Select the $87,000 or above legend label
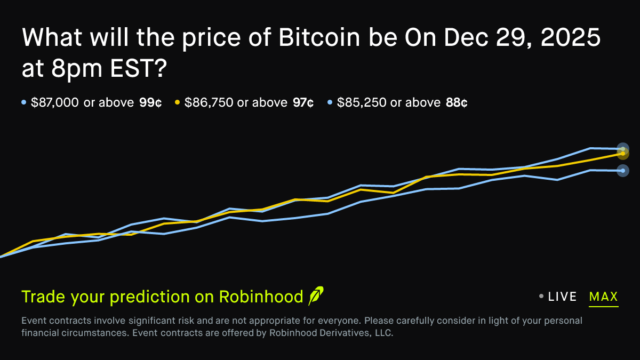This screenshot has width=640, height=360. point(82,102)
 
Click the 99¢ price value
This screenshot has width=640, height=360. point(150,102)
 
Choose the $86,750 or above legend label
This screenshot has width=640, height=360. point(236,102)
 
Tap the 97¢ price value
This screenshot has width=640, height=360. point(303,102)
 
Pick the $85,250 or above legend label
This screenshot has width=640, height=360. point(389,102)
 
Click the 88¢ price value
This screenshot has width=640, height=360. point(457,102)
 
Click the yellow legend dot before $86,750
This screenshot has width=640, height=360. point(177,102)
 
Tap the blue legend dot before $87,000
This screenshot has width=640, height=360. point(24,102)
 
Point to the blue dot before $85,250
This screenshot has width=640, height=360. point(330,102)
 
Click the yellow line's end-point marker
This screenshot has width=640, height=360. point(623,154)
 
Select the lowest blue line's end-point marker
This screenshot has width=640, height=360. point(623,171)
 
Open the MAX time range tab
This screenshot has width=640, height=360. point(604,297)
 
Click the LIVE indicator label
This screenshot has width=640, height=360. point(562,297)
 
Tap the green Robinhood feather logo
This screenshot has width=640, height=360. point(316,296)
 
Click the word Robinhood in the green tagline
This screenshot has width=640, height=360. point(260,297)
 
